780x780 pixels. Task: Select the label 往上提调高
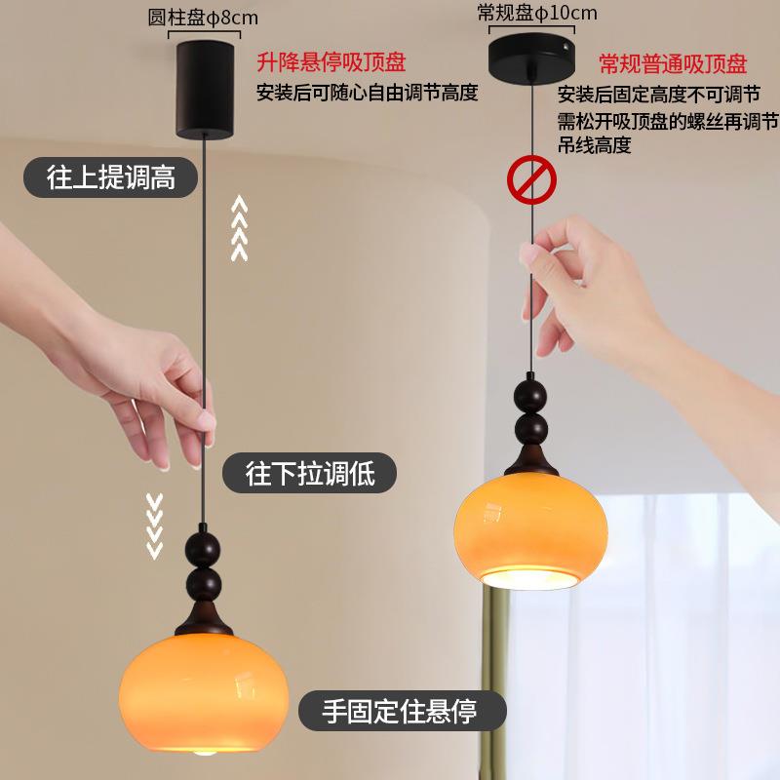[110, 178]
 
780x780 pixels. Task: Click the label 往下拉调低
[309, 474]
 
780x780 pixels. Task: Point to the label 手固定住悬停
[401, 711]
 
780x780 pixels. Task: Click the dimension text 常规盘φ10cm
[537, 13]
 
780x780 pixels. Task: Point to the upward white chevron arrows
[239, 228]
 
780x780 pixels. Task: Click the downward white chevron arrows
[154, 526]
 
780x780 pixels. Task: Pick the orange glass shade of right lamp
[531, 526]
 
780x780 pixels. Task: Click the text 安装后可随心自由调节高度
[367, 94]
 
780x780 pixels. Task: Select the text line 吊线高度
[595, 146]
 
